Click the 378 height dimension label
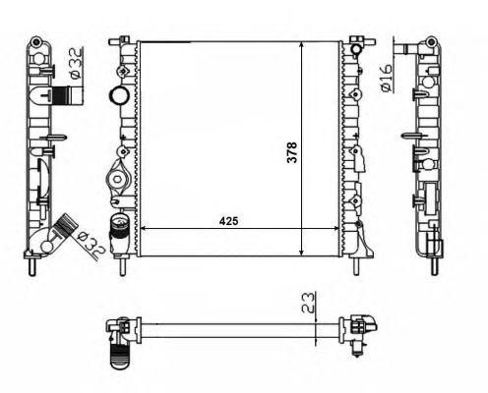click(x=291, y=152)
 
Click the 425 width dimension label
click(x=228, y=221)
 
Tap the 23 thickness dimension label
click(x=308, y=303)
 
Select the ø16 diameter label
click(x=387, y=78)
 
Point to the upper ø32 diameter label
click(x=76, y=63)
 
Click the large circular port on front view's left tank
click(x=118, y=95)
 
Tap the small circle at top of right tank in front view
click(x=356, y=49)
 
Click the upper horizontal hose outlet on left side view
click(x=67, y=96)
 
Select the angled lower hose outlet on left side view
click(x=66, y=225)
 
